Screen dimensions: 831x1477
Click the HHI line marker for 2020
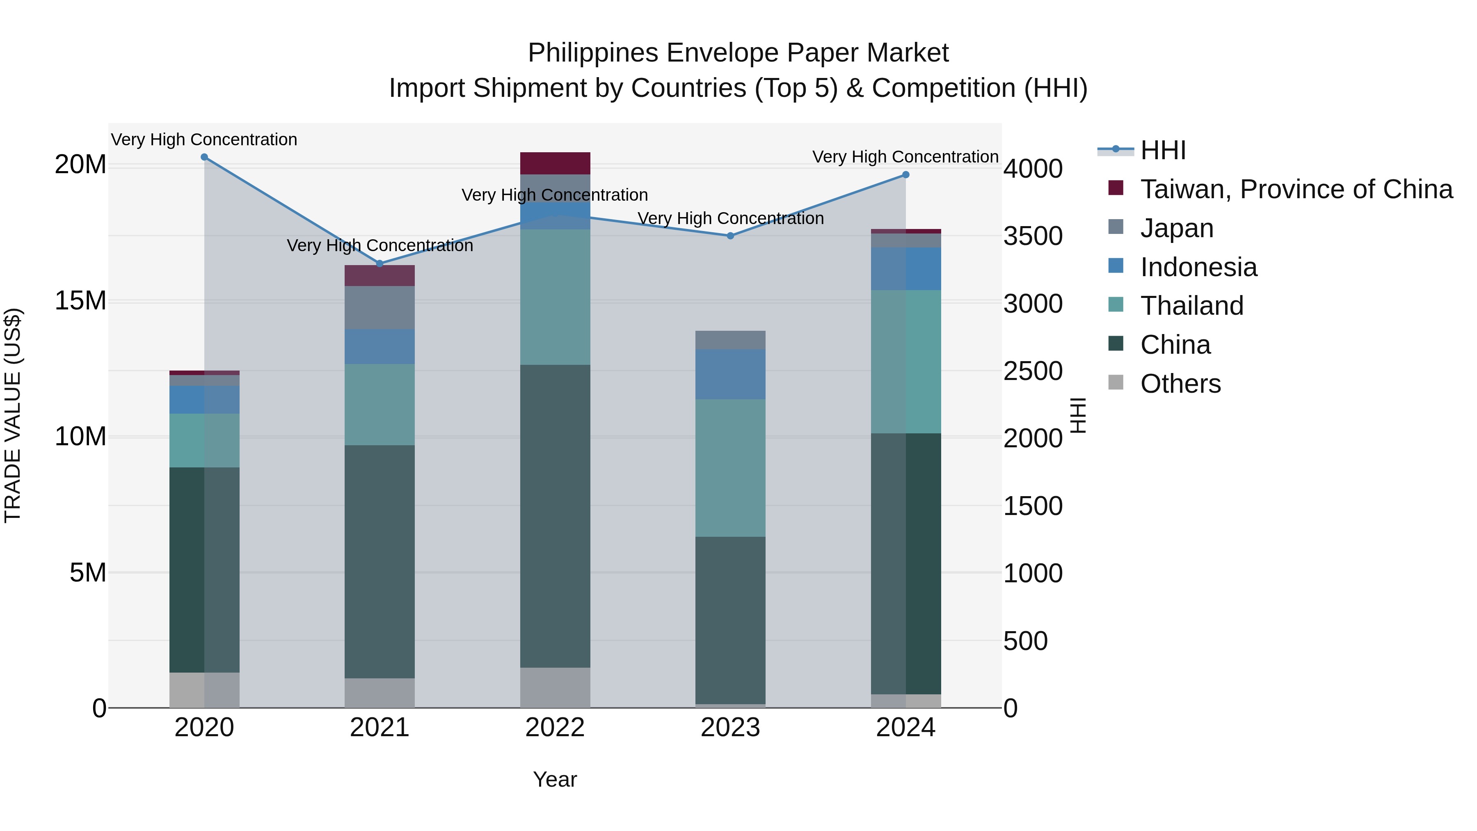pyautogui.click(x=204, y=157)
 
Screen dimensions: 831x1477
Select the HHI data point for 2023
pyautogui.click(x=730, y=236)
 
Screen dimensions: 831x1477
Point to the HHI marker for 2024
pyautogui.click(x=906, y=175)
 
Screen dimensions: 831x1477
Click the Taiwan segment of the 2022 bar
pyautogui.click(x=555, y=163)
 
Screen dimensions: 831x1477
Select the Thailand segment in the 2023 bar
pyautogui.click(x=730, y=468)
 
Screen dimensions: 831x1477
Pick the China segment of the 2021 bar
pyautogui.click(x=380, y=562)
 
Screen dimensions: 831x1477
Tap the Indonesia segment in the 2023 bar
pyautogui.click(x=730, y=374)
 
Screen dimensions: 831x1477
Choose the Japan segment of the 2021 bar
pyautogui.click(x=380, y=307)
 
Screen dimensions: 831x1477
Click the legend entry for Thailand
pyautogui.click(x=1191, y=306)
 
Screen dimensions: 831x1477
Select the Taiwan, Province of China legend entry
pyautogui.click(x=1296, y=189)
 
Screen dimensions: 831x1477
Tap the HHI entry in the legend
pyautogui.click(x=1163, y=150)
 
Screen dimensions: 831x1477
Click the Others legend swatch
pyautogui.click(x=1116, y=382)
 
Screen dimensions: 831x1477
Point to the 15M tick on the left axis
pyautogui.click(x=80, y=300)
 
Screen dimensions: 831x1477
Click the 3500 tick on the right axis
pyautogui.click(x=1033, y=236)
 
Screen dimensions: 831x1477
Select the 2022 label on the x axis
pyautogui.click(x=555, y=728)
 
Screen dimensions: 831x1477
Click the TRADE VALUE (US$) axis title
pyautogui.click(x=13, y=415)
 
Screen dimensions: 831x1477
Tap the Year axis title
pyautogui.click(x=555, y=779)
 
